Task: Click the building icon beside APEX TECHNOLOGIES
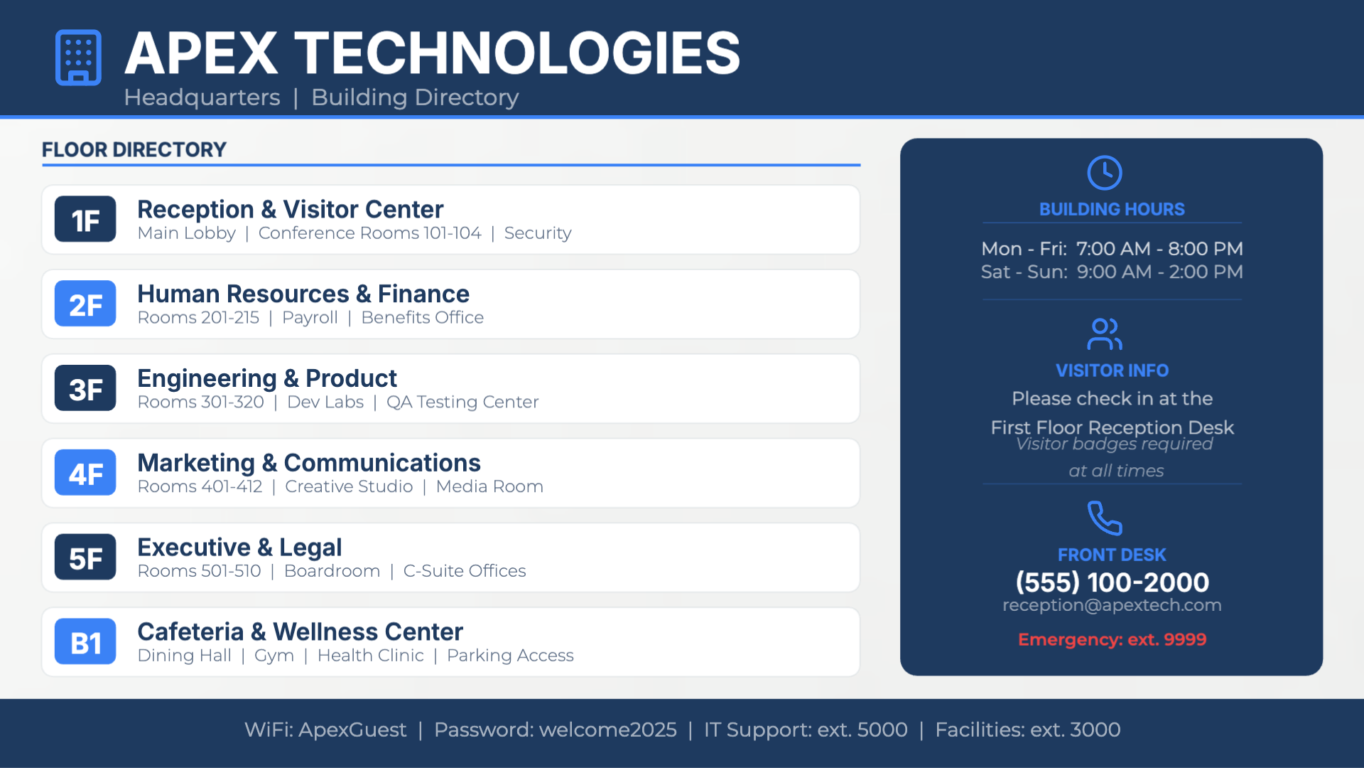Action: [78, 58]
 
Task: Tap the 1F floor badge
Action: [85, 219]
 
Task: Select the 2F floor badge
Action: [85, 304]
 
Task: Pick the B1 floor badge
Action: [85, 641]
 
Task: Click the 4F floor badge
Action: [85, 473]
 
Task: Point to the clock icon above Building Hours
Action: [1105, 173]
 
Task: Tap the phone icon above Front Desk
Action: [1105, 518]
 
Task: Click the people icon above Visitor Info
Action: [1105, 334]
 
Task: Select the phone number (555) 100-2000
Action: [1113, 582]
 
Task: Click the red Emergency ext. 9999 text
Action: [1113, 639]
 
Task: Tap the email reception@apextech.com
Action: [1113, 605]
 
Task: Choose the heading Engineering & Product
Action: [267, 378]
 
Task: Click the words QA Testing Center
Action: [462, 402]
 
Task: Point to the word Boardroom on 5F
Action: [332, 571]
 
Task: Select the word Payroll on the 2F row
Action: [310, 318]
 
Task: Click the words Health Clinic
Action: [371, 656]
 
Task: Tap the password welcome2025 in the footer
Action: [608, 730]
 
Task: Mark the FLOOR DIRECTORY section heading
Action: [134, 150]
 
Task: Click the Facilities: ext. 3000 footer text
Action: [1028, 730]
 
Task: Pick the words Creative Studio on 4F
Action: [349, 486]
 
